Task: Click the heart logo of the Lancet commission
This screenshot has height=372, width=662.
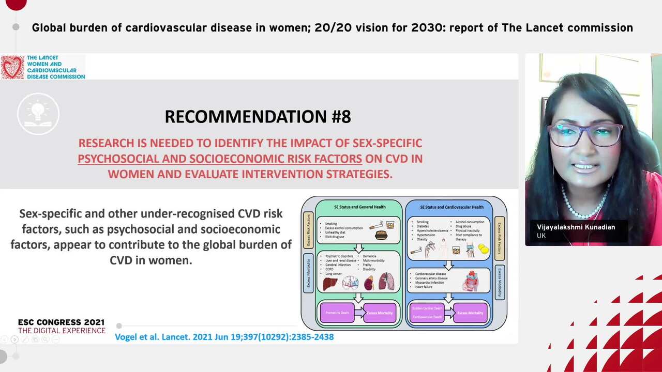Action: click(x=12, y=67)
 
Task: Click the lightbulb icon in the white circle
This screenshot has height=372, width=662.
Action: click(x=38, y=113)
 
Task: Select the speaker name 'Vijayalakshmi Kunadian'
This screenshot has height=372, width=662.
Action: click(x=576, y=227)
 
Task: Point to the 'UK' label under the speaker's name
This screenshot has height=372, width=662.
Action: click(x=541, y=236)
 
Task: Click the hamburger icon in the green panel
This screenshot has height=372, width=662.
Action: click(x=381, y=235)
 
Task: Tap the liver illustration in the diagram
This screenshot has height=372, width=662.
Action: click(x=329, y=283)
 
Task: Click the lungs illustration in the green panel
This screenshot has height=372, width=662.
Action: click(x=386, y=282)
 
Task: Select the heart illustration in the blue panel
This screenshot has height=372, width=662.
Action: click(x=471, y=282)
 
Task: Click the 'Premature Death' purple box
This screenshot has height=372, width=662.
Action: click(x=337, y=313)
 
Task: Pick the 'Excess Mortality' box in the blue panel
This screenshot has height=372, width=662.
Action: click(x=470, y=313)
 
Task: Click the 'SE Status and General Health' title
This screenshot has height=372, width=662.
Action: click(x=359, y=207)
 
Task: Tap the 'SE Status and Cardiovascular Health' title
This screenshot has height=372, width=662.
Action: click(x=448, y=207)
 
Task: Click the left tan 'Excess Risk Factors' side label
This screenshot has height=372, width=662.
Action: click(x=308, y=229)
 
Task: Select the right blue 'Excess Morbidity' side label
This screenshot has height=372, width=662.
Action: click(x=500, y=282)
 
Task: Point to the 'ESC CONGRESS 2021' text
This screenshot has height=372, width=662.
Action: click(x=61, y=322)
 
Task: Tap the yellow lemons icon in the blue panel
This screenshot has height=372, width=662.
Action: click(x=484, y=250)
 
